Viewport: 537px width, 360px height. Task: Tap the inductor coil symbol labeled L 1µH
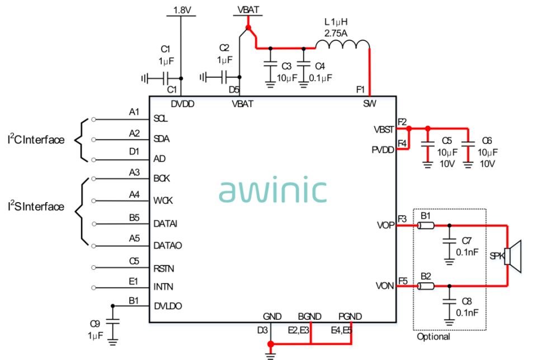pyautogui.click(x=342, y=45)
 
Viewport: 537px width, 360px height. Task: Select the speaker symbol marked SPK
pyautogui.click(x=514, y=256)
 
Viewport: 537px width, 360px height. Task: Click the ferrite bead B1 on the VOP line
pyautogui.click(x=426, y=225)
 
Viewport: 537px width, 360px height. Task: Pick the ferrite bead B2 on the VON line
pyautogui.click(x=426, y=286)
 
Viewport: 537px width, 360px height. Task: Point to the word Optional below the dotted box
pyautogui.click(x=433, y=336)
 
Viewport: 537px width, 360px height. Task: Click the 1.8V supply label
pyautogui.click(x=182, y=10)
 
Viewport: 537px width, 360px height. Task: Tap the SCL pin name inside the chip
pyautogui.click(x=161, y=119)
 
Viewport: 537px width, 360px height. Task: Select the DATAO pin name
pyautogui.click(x=168, y=245)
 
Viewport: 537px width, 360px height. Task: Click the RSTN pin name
pyautogui.click(x=164, y=268)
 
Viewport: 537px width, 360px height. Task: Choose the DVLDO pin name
pyautogui.click(x=168, y=306)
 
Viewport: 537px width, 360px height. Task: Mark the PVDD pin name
pyautogui.click(x=383, y=150)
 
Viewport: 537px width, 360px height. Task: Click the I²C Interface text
pyautogui.click(x=36, y=139)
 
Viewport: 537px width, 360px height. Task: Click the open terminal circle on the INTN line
pyautogui.click(x=93, y=288)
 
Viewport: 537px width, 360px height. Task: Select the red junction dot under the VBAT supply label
pyautogui.click(x=248, y=27)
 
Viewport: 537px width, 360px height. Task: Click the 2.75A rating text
pyautogui.click(x=336, y=33)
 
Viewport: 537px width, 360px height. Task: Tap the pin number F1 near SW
pyautogui.click(x=361, y=90)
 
